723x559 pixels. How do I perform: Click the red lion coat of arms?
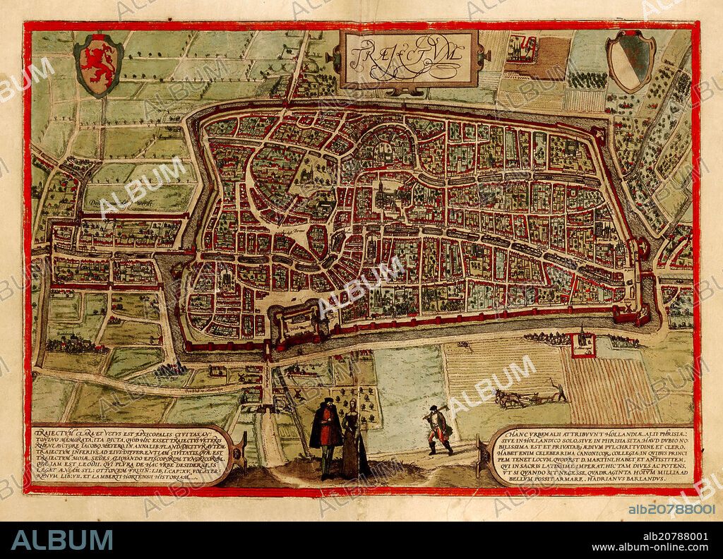pyautogui.click(x=98, y=64)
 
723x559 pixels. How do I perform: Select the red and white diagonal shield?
pyautogui.click(x=631, y=61)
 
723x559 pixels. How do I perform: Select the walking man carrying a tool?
pyautogui.click(x=438, y=429)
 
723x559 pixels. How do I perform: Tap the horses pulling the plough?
pyautogui.click(x=509, y=399)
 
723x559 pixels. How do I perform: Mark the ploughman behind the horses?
pyautogui.click(x=558, y=390)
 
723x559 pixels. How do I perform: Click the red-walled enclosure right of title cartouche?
pyautogui.click(x=522, y=49)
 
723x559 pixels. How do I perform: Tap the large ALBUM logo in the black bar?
pyautogui.click(x=62, y=540)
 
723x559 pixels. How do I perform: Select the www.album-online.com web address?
pyautogui.click(x=650, y=548)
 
